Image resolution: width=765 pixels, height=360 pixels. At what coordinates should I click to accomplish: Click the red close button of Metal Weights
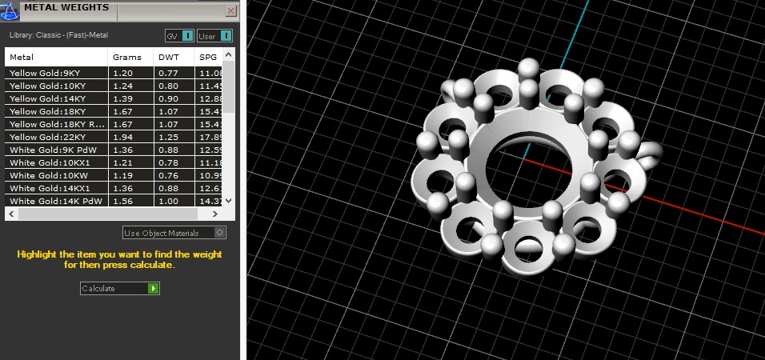(x=231, y=11)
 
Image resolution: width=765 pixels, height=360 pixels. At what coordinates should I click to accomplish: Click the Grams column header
(x=127, y=58)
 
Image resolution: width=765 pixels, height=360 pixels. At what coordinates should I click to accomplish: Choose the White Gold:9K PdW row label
(x=47, y=150)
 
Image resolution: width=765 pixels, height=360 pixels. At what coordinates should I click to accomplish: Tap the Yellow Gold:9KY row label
(x=45, y=73)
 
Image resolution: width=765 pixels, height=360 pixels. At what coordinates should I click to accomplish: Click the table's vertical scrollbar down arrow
(x=229, y=201)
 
